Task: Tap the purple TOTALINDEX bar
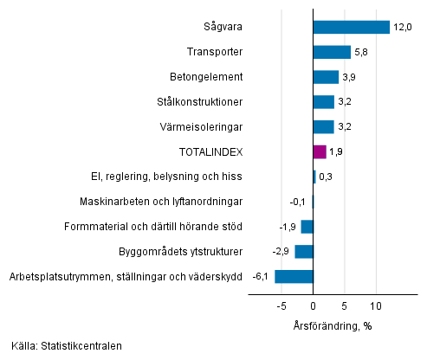click(320, 151)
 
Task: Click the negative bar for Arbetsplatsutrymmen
click(294, 277)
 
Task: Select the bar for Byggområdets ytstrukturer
click(304, 252)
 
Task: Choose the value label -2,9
click(281, 252)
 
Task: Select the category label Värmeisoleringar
click(206, 126)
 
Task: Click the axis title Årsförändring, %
click(332, 325)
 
